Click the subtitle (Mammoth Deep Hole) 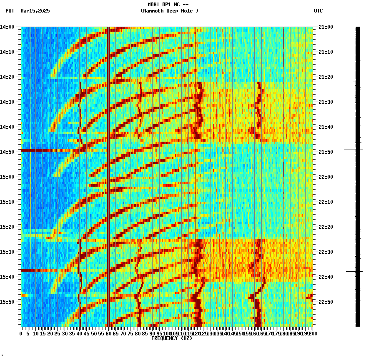[x=169, y=11]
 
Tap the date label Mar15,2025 [x=35, y=11]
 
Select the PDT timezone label [x=10, y=11]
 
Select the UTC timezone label [x=318, y=11]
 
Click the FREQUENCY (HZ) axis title [x=171, y=338]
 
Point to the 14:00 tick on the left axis [x=7, y=27]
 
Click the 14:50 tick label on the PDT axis [x=7, y=152]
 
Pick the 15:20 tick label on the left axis [x=7, y=227]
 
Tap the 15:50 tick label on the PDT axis [x=7, y=302]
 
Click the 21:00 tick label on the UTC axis [x=325, y=27]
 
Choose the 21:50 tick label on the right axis [x=325, y=152]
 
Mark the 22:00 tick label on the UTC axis [x=325, y=177]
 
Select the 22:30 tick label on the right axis [x=325, y=252]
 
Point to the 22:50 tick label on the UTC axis [x=325, y=302]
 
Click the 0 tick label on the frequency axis [x=21, y=333]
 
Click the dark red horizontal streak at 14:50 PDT [x=46, y=150]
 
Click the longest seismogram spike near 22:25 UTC [x=359, y=239]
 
